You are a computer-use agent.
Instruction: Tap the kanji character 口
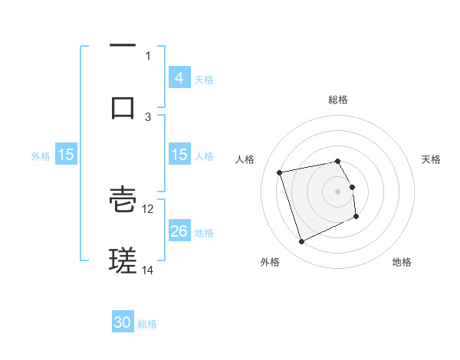pos(123,106)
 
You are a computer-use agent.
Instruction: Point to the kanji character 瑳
pos(123,260)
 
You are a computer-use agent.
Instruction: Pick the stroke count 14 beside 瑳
pos(148,270)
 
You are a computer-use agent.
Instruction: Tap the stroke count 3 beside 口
pos(149,116)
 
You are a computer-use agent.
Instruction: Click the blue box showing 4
pos(179,77)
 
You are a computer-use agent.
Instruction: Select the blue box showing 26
pos(179,231)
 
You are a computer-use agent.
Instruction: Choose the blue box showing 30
pos(123,323)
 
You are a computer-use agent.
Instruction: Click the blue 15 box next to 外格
pos(66,155)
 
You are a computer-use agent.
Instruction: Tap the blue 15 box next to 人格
pos(179,155)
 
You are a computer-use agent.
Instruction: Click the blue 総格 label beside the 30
pos(147,324)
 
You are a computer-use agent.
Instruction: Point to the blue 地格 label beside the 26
pos(204,232)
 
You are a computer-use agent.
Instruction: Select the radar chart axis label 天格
pos(432,159)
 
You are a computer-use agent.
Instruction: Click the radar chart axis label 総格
pos(338,100)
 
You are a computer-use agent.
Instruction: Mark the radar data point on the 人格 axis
pos(280,172)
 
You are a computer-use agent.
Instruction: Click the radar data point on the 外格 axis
pos(301,242)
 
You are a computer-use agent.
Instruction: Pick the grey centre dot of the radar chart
pos(338,191)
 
